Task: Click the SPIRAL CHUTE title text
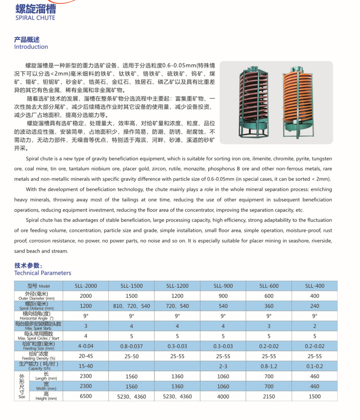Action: tap(35, 18)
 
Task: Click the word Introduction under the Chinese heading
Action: tap(31, 47)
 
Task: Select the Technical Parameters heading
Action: tap(42, 273)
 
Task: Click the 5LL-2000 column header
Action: tap(86, 286)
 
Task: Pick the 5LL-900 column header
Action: tap(223, 286)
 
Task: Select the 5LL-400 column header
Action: tap(315, 286)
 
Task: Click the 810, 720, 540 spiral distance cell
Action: tap(132, 306)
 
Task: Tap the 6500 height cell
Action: tap(86, 396)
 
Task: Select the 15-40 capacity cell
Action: tap(86, 366)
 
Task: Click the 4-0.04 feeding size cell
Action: tap(86, 346)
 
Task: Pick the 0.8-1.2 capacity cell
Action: tap(269, 366)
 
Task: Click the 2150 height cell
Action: tap(269, 396)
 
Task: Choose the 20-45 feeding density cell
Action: tap(86, 356)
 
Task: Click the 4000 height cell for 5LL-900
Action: tap(223, 396)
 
